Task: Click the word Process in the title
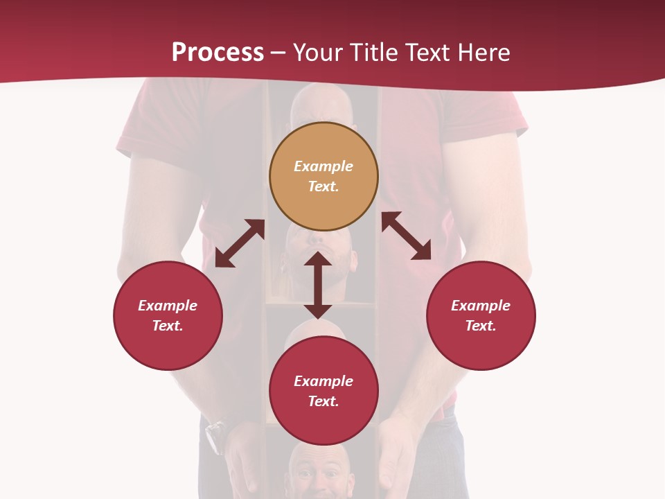point(218,53)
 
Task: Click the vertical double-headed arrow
point(318,285)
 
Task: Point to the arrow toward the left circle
point(240,243)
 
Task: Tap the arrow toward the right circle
point(407,236)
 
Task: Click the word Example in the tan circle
point(323,166)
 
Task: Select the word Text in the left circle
point(168,326)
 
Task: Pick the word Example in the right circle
point(481,306)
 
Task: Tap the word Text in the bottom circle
point(323,401)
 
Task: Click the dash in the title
point(278,53)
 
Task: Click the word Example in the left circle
point(168,306)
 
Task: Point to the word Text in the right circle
point(481,326)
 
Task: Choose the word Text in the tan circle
point(323,186)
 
